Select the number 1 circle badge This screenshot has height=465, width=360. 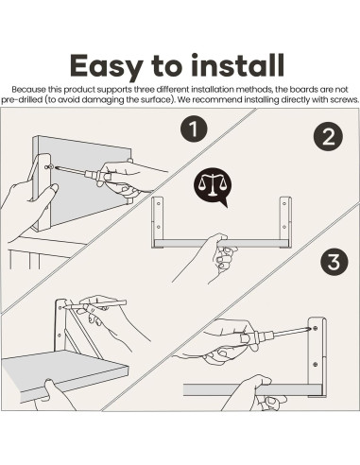[194, 129]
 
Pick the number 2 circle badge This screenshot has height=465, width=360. [328, 136]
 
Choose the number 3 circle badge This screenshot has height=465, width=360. [334, 262]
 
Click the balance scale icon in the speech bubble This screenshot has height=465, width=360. [213, 183]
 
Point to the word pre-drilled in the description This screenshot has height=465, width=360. [22, 100]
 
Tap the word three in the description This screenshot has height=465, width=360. [144, 90]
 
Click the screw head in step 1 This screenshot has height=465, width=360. [47, 166]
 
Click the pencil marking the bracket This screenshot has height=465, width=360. [94, 305]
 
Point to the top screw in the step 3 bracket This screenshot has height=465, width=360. [316, 329]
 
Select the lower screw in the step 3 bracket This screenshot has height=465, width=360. [316, 364]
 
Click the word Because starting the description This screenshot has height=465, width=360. [28, 90]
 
